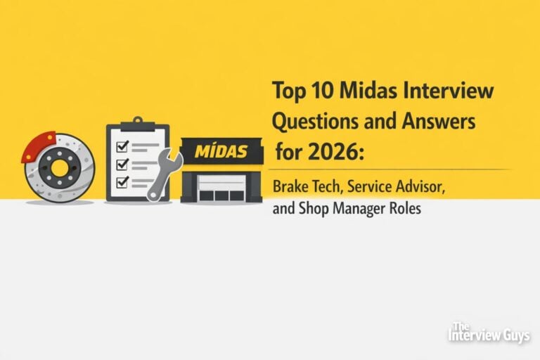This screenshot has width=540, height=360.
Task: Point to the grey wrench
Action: (x=166, y=172)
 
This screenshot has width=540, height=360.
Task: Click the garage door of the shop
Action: (x=221, y=188)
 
